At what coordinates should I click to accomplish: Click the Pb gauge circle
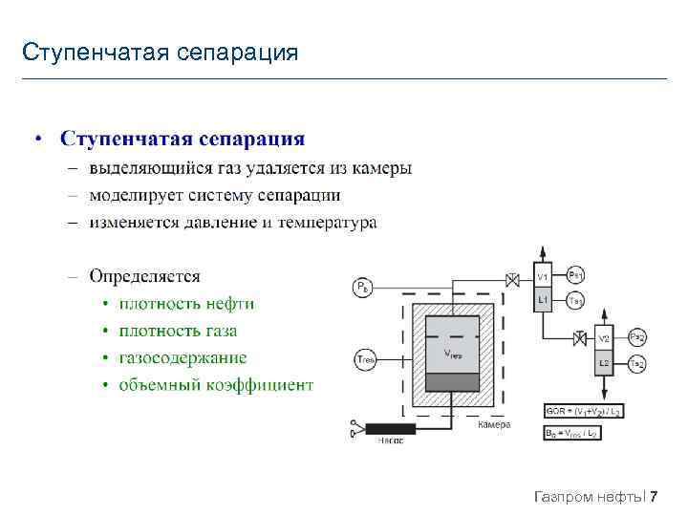[x=362, y=286]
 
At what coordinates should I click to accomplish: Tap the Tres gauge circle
[x=363, y=359]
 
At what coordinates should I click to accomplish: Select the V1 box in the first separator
[x=542, y=277]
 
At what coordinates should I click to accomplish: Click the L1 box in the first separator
[x=542, y=300]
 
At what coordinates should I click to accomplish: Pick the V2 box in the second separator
[x=604, y=339]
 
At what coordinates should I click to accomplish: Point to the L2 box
[x=604, y=363]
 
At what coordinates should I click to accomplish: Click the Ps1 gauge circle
[x=576, y=275]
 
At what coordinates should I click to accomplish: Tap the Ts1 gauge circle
[x=576, y=300]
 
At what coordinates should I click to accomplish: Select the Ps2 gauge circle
[x=637, y=337]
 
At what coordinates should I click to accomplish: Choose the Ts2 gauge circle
[x=637, y=363]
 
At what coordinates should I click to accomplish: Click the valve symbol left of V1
[x=513, y=279]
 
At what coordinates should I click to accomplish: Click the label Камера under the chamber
[x=494, y=424]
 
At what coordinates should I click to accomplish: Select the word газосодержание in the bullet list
[x=183, y=358]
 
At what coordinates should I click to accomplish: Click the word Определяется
[x=145, y=276]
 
